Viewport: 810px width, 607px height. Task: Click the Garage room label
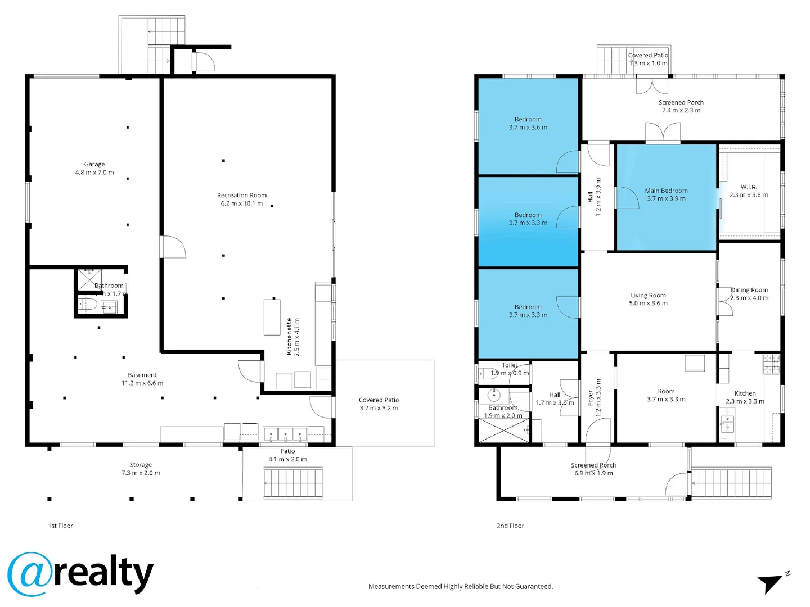(94, 164)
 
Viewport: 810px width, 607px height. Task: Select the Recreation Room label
(242, 195)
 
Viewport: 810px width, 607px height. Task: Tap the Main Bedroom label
(666, 191)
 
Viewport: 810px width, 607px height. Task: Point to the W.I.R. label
(748, 187)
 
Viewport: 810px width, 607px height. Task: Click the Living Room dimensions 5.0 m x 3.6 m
(648, 303)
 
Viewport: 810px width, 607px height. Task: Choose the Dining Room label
(749, 290)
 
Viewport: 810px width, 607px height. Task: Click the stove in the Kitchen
(771, 364)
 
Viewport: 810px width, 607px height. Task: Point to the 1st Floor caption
(61, 526)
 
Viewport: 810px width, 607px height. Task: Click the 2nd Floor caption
(510, 526)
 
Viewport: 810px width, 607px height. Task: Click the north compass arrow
(772, 583)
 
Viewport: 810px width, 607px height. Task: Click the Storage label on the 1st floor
(141, 465)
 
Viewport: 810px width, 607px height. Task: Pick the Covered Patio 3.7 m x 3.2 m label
(379, 404)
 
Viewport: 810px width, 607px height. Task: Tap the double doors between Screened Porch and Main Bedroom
(663, 134)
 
